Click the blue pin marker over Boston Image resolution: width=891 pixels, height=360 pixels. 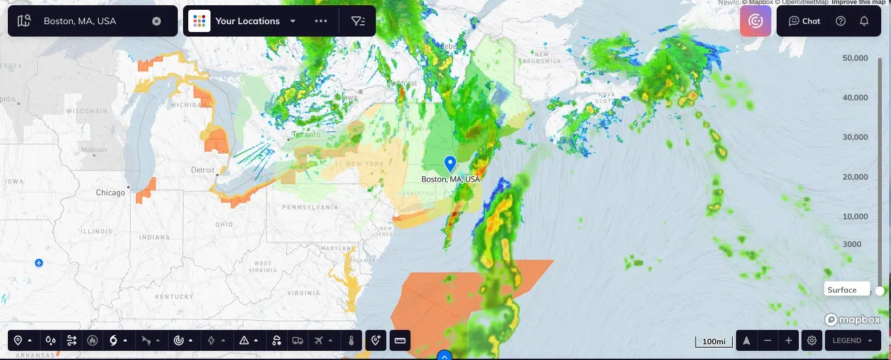(450, 163)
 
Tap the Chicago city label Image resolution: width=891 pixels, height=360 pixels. (110, 193)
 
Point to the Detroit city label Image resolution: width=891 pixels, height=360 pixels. (202, 170)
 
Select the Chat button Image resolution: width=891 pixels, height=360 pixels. (804, 21)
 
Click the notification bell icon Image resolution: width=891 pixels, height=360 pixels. (864, 21)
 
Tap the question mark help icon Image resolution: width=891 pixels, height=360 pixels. (841, 21)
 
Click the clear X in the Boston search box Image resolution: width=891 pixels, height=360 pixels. (156, 21)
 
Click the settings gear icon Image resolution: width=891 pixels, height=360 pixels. (812, 340)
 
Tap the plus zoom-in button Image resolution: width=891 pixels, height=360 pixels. (789, 340)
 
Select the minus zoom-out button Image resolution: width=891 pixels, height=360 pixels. (768, 340)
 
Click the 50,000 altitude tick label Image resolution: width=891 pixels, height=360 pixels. (855, 58)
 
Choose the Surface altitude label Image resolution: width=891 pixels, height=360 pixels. (842, 290)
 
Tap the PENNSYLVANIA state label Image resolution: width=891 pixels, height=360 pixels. (311, 207)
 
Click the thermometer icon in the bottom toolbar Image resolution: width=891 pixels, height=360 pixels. (351, 340)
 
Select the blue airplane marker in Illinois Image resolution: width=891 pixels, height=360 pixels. (39, 263)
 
